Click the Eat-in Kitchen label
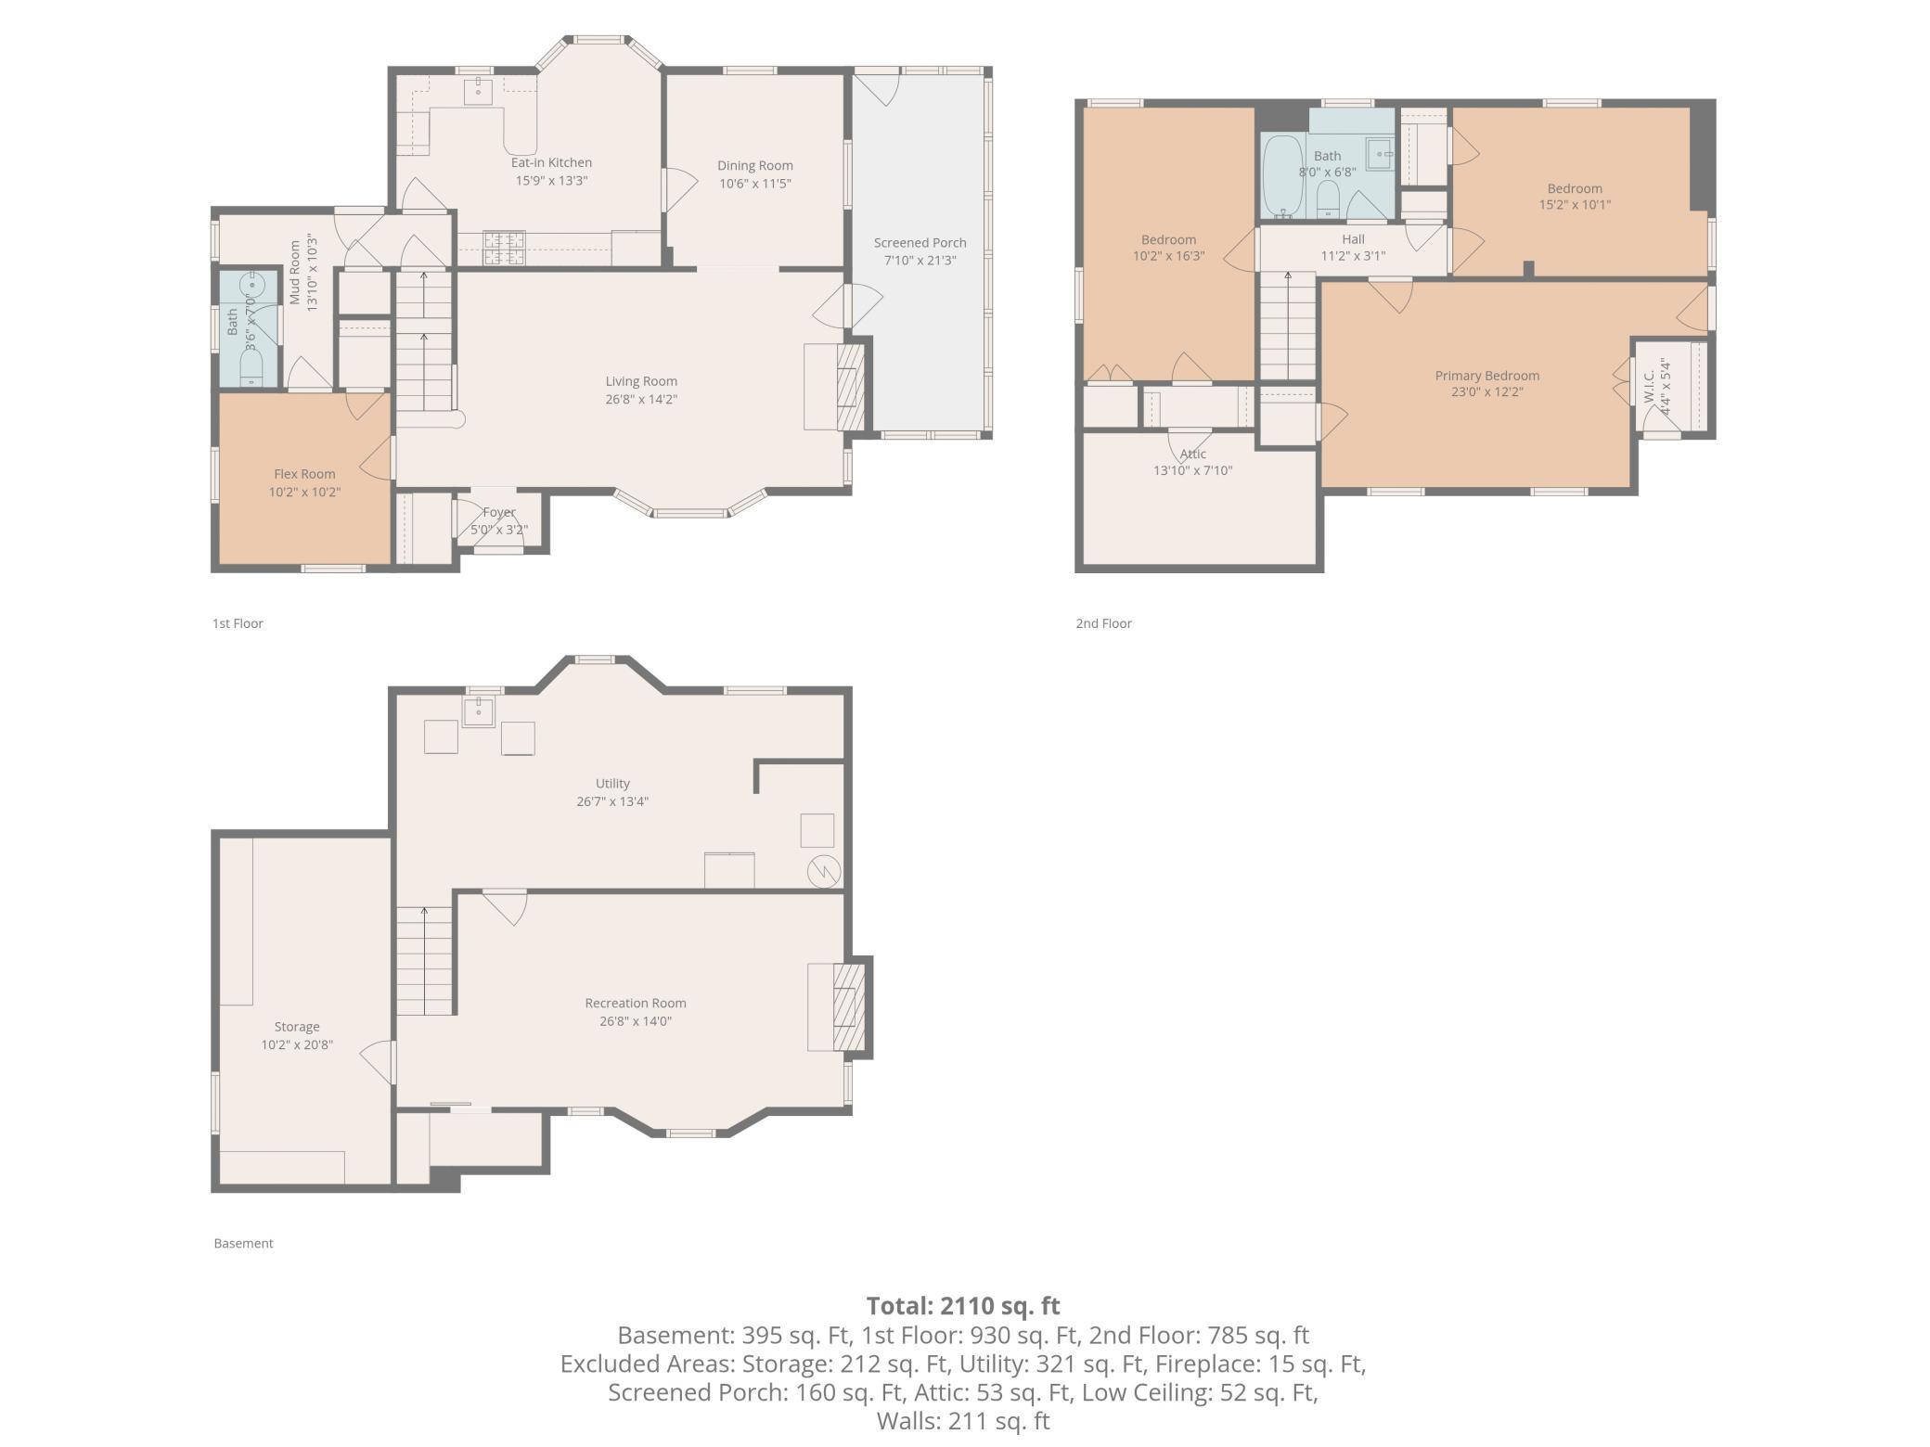click(551, 162)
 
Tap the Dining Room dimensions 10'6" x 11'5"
click(754, 184)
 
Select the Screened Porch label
click(920, 243)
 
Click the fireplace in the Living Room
click(850, 387)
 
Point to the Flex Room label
click(304, 474)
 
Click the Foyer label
click(499, 512)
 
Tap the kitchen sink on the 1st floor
click(478, 91)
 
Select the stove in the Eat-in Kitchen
click(504, 242)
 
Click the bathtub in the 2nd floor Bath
click(1283, 176)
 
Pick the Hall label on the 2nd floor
click(1353, 239)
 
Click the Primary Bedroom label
click(1486, 376)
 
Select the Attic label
click(1193, 454)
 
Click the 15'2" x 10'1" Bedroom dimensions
click(1575, 205)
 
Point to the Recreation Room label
click(636, 1003)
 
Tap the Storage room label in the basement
click(297, 1027)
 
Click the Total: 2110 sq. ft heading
click(962, 1306)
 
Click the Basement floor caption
click(243, 1243)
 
